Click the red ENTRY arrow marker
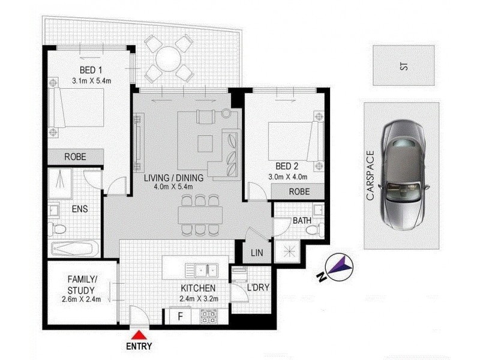coord(139,335)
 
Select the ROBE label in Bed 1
coord(76,157)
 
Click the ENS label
coord(80,209)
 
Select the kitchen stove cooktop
coord(208,314)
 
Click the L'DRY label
coord(257,287)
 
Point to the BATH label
coord(302,221)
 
